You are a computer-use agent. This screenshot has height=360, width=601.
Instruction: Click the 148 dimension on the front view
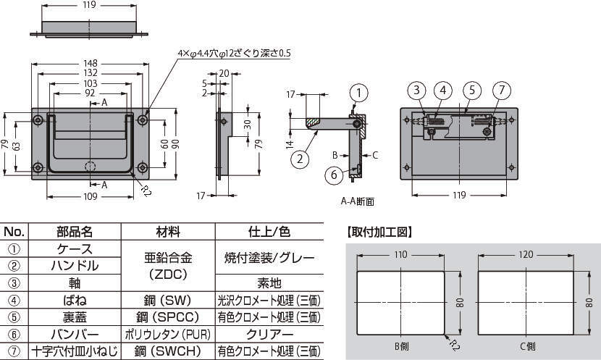pyautogui.click(x=90, y=62)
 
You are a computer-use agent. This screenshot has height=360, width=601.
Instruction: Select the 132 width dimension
pyautogui.click(x=90, y=72)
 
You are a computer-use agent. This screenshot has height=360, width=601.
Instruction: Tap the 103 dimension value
pyautogui.click(x=90, y=83)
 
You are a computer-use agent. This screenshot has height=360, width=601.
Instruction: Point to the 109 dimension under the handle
pyautogui.click(x=90, y=197)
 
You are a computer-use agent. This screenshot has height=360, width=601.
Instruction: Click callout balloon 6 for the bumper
pyautogui.click(x=334, y=174)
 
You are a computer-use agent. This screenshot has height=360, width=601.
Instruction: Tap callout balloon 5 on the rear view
pyautogui.click(x=471, y=91)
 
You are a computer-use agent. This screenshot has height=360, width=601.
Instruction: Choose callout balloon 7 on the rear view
pyautogui.click(x=501, y=91)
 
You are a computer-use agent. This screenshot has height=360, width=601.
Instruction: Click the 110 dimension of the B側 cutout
pyautogui.click(x=399, y=254)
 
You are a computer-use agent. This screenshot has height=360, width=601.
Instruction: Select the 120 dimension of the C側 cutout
pyautogui.click(x=526, y=254)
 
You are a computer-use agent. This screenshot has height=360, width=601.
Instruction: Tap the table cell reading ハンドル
pyautogui.click(x=75, y=266)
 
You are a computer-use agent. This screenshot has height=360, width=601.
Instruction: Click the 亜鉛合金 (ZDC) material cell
pyautogui.click(x=168, y=265)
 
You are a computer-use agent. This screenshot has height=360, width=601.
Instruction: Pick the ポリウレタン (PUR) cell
pyautogui.click(x=168, y=335)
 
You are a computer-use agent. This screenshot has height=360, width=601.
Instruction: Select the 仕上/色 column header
pyautogui.click(x=269, y=232)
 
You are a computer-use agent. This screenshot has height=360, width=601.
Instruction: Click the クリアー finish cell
pyautogui.click(x=269, y=335)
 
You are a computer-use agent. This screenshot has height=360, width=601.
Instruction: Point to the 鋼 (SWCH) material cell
pyautogui.click(x=168, y=352)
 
